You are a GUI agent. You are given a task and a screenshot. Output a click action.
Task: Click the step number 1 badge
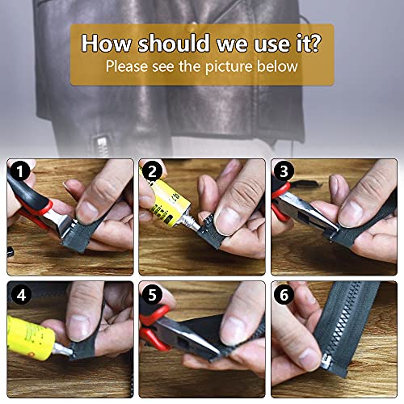tap(19, 171)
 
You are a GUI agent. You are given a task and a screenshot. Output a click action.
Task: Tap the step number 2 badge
tap(152, 171)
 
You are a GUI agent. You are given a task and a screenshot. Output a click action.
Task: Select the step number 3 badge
tap(284, 171)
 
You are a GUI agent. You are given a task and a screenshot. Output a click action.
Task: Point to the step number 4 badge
tap(21, 295)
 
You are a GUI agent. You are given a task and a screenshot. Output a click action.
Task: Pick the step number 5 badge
tap(152, 295)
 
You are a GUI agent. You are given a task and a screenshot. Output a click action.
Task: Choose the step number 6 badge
tap(284, 295)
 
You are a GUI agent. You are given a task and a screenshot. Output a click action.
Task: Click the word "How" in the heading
tap(107, 43)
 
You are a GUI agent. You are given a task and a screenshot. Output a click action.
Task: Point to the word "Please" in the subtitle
tap(127, 66)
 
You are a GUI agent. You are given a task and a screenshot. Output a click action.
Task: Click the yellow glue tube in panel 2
tap(169, 202)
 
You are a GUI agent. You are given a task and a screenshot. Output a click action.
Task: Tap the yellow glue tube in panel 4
tap(30, 338)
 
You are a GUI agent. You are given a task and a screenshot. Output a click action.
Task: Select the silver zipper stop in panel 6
tap(326, 362)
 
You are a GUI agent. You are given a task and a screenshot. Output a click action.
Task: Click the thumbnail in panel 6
tap(309, 359)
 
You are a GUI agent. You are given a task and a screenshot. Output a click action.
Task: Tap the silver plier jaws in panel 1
tap(63, 222)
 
